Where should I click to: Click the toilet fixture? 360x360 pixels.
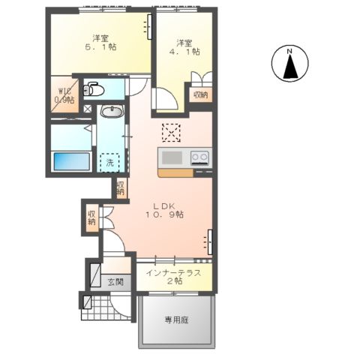(93, 89)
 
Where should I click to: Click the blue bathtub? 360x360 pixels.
(70, 162)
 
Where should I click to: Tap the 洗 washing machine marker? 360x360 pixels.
(109, 162)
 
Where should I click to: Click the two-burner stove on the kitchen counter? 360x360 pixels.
(199, 157)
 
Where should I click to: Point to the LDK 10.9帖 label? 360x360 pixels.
(166, 210)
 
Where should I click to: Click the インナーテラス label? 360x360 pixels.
(173, 274)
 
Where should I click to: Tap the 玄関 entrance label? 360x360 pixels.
(115, 283)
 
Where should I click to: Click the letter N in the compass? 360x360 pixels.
(291, 52)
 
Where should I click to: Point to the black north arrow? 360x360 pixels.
(291, 69)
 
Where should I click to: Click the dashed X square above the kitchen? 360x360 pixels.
(172, 133)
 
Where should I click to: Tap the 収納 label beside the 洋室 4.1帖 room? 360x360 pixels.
(199, 94)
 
